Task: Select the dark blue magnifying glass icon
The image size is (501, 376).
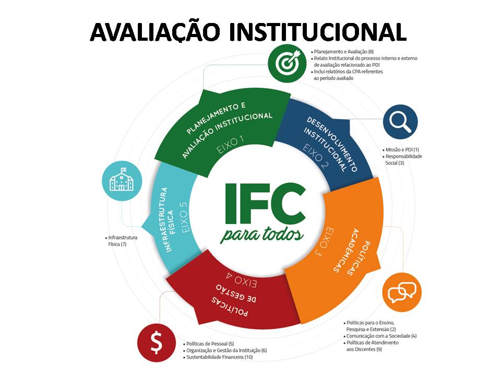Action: click(400, 122)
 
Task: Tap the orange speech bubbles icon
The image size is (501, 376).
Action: click(402, 289)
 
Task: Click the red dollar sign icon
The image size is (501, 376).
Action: click(156, 343)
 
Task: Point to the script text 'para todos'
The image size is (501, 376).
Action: click(263, 234)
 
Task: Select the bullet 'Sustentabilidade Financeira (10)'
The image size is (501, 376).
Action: click(219, 357)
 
